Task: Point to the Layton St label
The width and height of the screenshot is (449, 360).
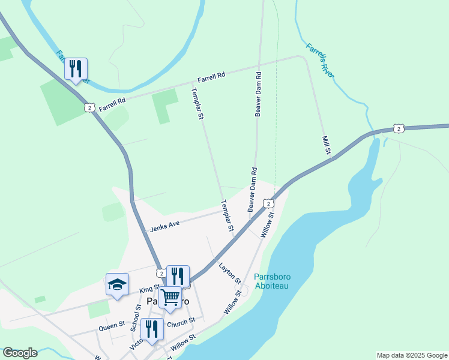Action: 230,273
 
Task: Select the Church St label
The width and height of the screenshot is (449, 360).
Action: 181,321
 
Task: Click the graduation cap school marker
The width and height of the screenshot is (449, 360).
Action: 117,285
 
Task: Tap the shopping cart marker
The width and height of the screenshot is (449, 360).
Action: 170,296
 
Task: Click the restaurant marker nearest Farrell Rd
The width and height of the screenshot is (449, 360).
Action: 76,69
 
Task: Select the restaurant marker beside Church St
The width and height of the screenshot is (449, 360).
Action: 152,329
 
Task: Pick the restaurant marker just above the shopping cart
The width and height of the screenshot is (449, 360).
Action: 178,276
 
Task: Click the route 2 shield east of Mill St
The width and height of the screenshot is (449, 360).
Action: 399,128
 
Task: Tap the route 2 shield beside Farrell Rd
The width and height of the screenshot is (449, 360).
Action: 89,107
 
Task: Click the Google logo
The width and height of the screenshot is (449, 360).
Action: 20,353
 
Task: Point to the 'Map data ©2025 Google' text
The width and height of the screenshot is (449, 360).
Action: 411,355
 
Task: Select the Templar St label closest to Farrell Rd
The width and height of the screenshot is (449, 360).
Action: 196,104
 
